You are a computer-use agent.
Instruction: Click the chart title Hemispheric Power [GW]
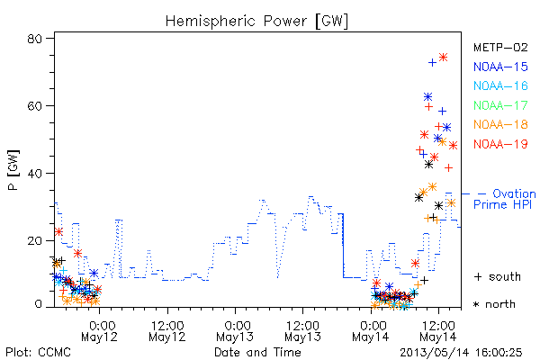(256, 21)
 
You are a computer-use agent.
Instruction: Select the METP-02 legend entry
(500, 48)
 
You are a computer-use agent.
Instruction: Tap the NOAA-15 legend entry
(500, 67)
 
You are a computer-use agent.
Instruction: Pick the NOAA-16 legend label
(500, 85)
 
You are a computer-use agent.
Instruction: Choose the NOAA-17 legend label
(500, 105)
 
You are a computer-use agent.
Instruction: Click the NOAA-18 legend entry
(500, 124)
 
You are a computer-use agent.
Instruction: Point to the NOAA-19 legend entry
(500, 144)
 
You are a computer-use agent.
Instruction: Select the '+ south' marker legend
(498, 276)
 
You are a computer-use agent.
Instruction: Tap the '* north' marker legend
(494, 304)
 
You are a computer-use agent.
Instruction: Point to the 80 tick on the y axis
(34, 39)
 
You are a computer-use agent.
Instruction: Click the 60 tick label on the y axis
(34, 106)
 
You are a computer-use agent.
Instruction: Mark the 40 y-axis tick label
(34, 173)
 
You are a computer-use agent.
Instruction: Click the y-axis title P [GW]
(13, 170)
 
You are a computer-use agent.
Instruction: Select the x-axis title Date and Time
(257, 353)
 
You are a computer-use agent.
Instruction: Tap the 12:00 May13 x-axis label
(302, 331)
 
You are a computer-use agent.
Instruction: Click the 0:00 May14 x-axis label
(371, 331)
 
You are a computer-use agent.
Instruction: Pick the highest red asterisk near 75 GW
(443, 58)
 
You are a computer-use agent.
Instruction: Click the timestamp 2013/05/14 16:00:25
(461, 353)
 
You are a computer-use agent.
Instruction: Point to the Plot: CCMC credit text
(38, 353)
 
